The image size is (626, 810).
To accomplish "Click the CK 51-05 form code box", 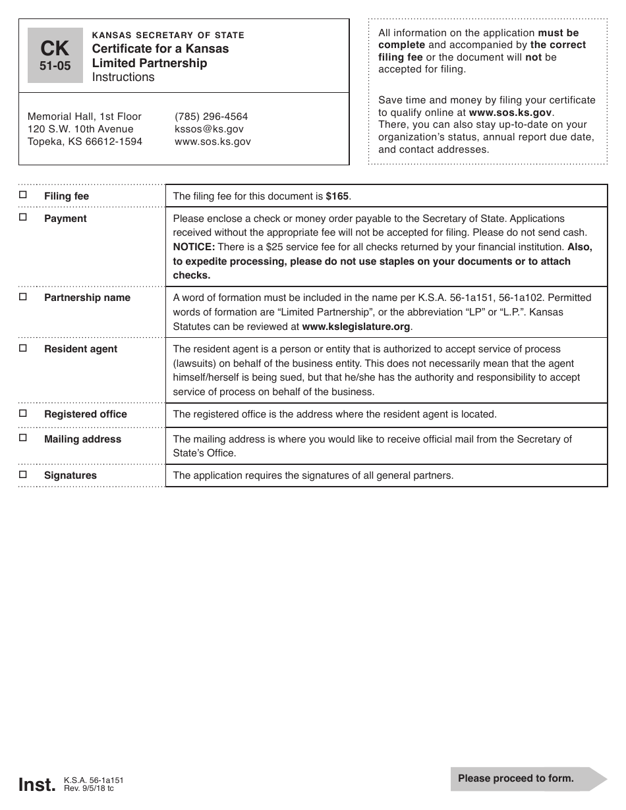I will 55,55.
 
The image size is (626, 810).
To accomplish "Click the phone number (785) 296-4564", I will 211,117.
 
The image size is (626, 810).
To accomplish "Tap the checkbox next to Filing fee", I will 23,195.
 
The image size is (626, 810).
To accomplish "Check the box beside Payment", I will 23,217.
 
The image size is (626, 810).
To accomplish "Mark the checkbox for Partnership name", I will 23,296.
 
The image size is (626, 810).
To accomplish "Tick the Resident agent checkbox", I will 23,348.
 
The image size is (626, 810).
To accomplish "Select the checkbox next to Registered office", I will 23,413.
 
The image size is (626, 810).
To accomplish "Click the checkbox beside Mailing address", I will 23,438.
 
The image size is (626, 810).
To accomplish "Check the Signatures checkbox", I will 23,474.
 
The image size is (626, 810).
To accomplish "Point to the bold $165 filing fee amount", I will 338,196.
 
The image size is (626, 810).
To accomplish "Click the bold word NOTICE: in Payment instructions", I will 194,247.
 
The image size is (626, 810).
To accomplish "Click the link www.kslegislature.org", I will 356,326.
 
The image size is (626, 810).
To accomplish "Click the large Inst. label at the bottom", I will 37,784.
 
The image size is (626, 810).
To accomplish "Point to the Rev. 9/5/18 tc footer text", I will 89,788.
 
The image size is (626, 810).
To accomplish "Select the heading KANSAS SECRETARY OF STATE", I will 168,35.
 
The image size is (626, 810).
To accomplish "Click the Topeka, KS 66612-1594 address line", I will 85,142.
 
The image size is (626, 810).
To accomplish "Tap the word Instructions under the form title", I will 123,77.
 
